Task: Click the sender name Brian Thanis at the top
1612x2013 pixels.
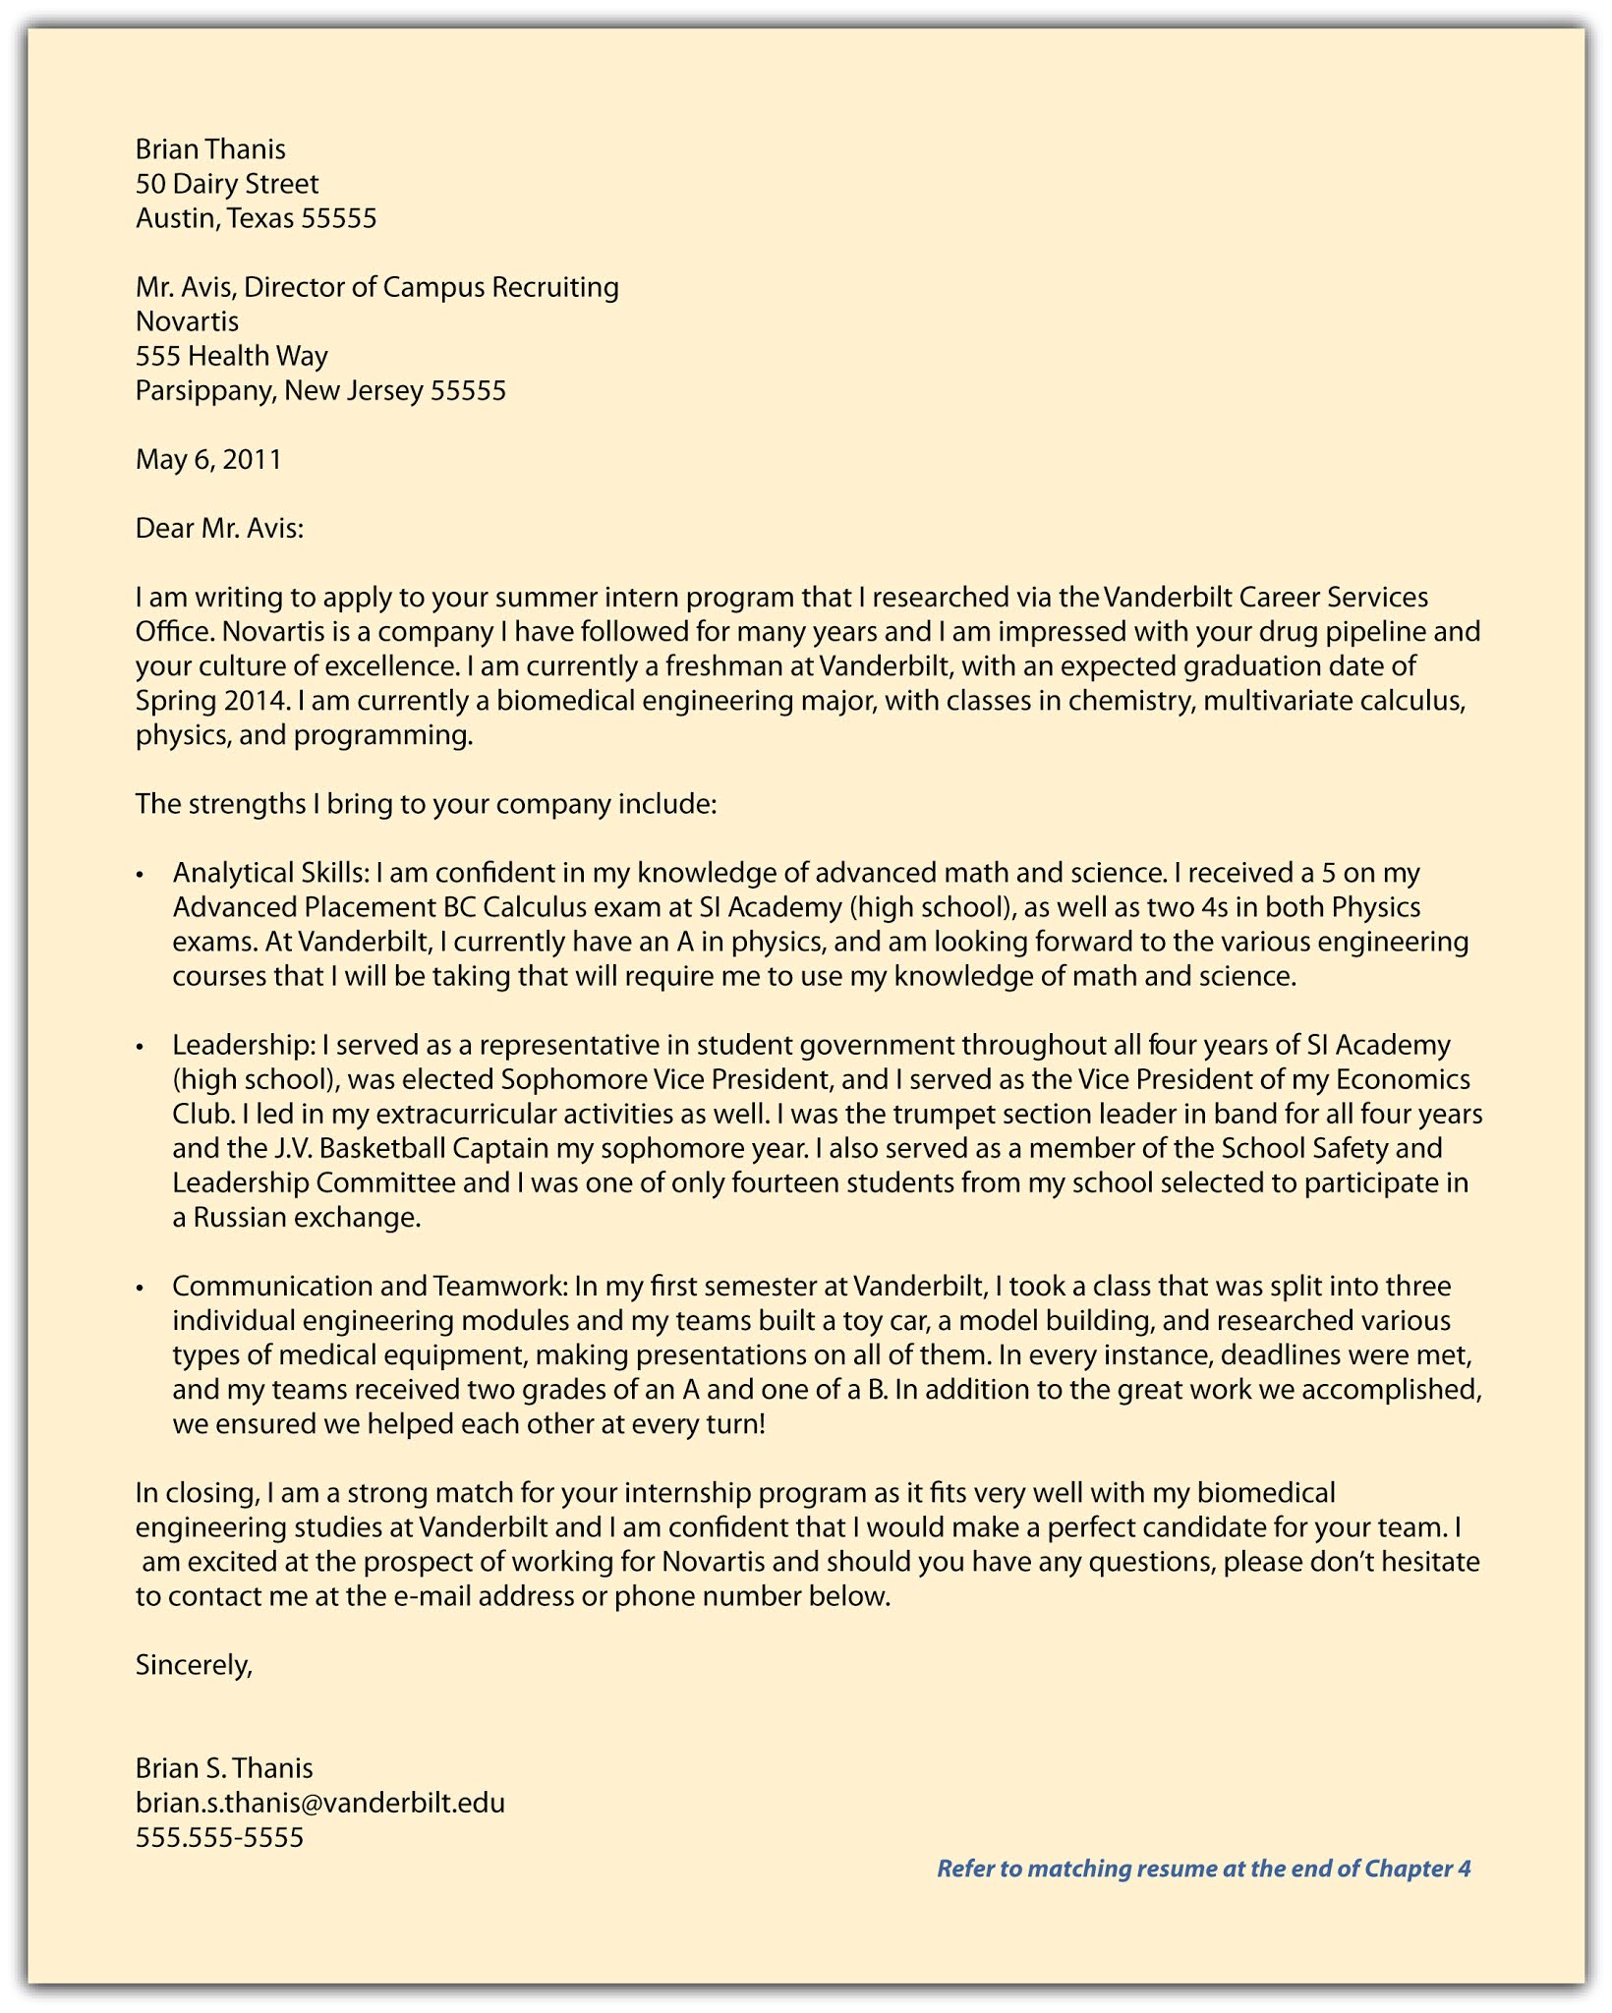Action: [210, 149]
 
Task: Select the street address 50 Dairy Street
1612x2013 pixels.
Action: [227, 184]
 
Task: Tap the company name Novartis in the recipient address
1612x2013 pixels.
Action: [187, 321]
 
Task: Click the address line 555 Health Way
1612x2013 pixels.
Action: [232, 356]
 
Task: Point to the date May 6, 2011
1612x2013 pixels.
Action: [208, 459]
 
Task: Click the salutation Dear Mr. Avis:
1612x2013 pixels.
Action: [220, 529]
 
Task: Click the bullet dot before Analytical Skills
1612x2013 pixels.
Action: [142, 875]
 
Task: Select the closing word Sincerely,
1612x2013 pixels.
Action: [195, 1664]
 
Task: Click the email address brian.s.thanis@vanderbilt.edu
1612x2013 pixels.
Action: [320, 1803]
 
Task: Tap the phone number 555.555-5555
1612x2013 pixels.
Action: [220, 1837]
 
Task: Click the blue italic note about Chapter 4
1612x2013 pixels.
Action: [1203, 1869]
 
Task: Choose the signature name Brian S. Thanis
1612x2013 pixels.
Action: [224, 1768]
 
